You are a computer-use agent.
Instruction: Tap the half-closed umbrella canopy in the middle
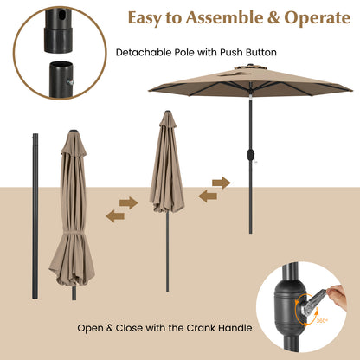[x=166, y=169]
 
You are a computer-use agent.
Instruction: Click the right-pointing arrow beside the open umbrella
[x=222, y=183]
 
